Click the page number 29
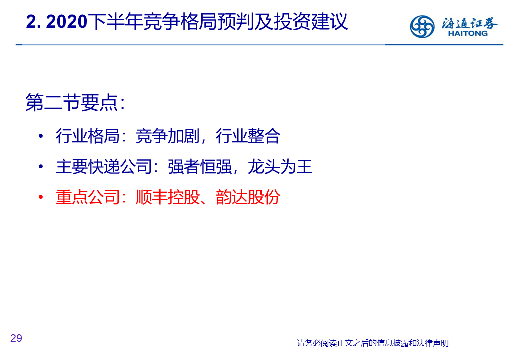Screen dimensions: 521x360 pyautogui.click(x=16, y=338)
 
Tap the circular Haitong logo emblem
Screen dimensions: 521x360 pyautogui.click(x=422, y=26)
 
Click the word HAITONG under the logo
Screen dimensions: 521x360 pyautogui.click(x=468, y=33)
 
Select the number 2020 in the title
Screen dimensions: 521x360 pyautogui.click(x=67, y=22)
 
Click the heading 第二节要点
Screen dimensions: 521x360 pyautogui.click(x=72, y=102)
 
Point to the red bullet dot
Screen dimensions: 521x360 pyautogui.click(x=41, y=197)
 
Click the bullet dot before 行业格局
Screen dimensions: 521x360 pyautogui.click(x=41, y=136)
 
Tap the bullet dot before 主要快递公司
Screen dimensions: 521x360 pyautogui.click(x=41, y=166)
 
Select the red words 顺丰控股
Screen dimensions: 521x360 pyautogui.click(x=168, y=197)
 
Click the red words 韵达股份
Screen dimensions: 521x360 pyautogui.click(x=248, y=197)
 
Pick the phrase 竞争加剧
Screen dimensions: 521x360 pyautogui.click(x=168, y=136)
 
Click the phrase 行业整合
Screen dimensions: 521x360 pyautogui.click(x=248, y=136)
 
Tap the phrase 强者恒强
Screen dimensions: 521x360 pyautogui.click(x=200, y=166)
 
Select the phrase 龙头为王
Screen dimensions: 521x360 pyautogui.click(x=280, y=166)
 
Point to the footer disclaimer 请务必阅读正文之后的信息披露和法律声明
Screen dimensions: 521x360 pyautogui.click(x=373, y=343)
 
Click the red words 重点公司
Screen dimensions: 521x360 pyautogui.click(x=88, y=197)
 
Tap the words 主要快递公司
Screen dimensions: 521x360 pyautogui.click(x=104, y=166)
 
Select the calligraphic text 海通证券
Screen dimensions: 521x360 pyautogui.click(x=469, y=23)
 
